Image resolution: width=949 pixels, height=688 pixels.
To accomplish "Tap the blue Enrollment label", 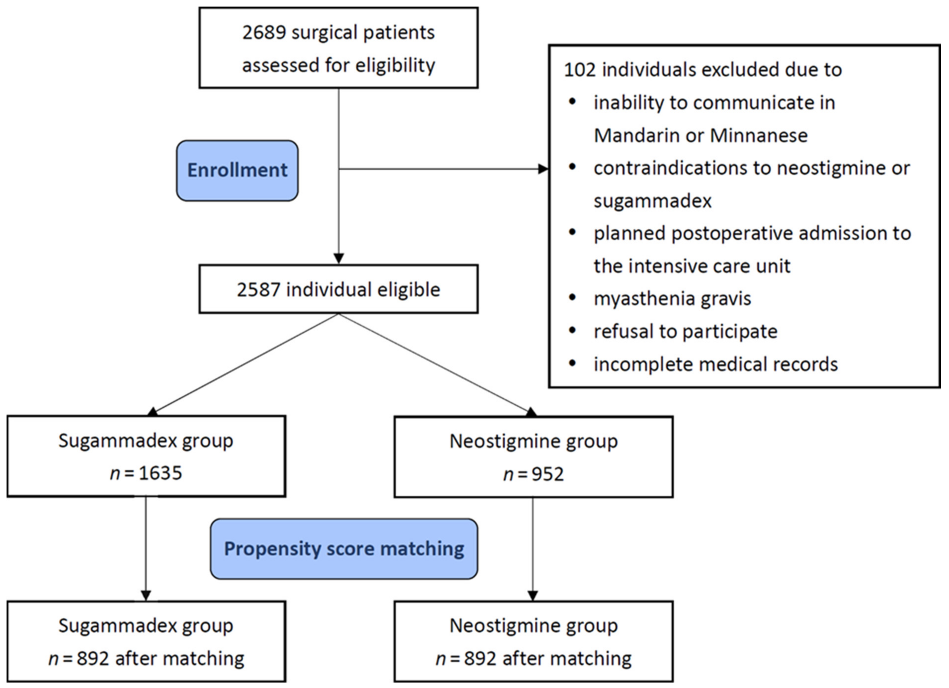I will (237, 170).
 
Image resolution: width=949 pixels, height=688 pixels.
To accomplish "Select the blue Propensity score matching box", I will (344, 549).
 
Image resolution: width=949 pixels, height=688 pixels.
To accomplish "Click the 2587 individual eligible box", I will (339, 289).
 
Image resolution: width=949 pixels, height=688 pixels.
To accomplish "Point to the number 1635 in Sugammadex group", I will (160, 473).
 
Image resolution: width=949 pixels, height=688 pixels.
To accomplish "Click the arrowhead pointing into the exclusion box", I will (543, 169).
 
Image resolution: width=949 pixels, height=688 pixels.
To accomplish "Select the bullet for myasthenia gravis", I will (572, 298).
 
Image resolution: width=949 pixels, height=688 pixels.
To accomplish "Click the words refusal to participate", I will (685, 331).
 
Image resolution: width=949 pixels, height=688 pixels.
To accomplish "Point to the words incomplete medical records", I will (715, 364).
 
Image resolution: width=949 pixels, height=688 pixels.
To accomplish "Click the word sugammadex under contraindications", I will (652, 201).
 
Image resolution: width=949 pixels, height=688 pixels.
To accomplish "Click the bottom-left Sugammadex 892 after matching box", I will (147, 642).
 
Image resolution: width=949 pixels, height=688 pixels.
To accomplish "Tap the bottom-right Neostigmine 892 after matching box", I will (534, 642).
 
